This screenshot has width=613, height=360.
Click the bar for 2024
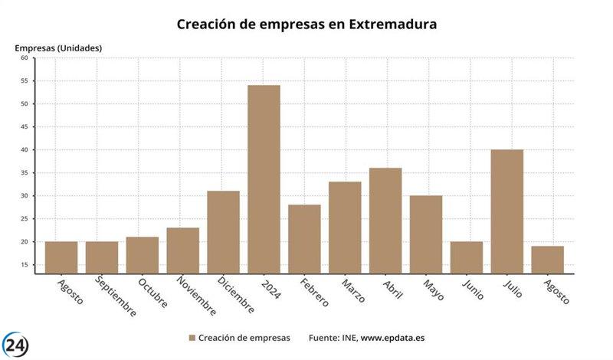pos(264,179)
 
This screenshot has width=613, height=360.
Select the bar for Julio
pos(506,211)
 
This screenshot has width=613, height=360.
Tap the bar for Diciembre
pos(223,232)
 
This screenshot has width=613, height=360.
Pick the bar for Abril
pos(385,221)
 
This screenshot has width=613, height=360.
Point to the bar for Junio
pos(467,257)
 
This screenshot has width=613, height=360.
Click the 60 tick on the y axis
pos(24,58)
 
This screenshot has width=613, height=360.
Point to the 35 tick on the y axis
pos(24,173)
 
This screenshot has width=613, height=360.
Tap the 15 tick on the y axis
pos(24,265)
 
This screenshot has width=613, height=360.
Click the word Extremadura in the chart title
pos(393,24)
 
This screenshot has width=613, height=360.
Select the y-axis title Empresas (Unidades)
pos(58,47)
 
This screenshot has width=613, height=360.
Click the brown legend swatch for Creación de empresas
pos(192,338)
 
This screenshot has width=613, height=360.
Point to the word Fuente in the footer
pos(325,338)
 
